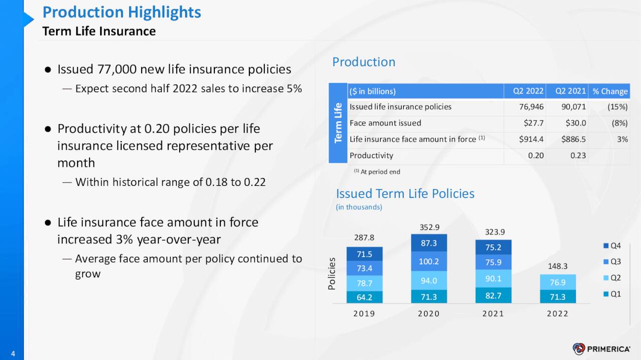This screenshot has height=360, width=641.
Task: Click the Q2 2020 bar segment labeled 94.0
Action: click(x=429, y=280)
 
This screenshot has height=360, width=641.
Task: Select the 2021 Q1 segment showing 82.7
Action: click(x=493, y=296)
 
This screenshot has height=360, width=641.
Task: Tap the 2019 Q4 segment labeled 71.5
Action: click(x=364, y=254)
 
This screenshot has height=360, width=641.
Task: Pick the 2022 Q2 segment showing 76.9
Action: click(x=558, y=282)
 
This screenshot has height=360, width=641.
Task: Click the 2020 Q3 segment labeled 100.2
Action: click(x=429, y=261)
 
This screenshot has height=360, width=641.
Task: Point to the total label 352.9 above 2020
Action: click(x=429, y=227)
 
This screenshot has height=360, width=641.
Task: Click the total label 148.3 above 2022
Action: click(x=558, y=266)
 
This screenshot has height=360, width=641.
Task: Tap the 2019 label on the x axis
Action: click(x=364, y=313)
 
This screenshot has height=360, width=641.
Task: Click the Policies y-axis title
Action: click(x=332, y=274)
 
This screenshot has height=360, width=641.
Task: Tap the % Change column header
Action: click(x=609, y=91)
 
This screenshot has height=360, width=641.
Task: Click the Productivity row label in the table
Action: click(x=371, y=155)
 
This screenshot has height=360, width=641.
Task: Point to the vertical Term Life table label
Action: click(x=338, y=123)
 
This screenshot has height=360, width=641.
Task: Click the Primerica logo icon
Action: click(x=579, y=349)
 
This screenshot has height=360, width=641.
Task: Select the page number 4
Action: click(x=13, y=354)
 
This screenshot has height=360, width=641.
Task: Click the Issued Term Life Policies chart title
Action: click(x=405, y=194)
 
